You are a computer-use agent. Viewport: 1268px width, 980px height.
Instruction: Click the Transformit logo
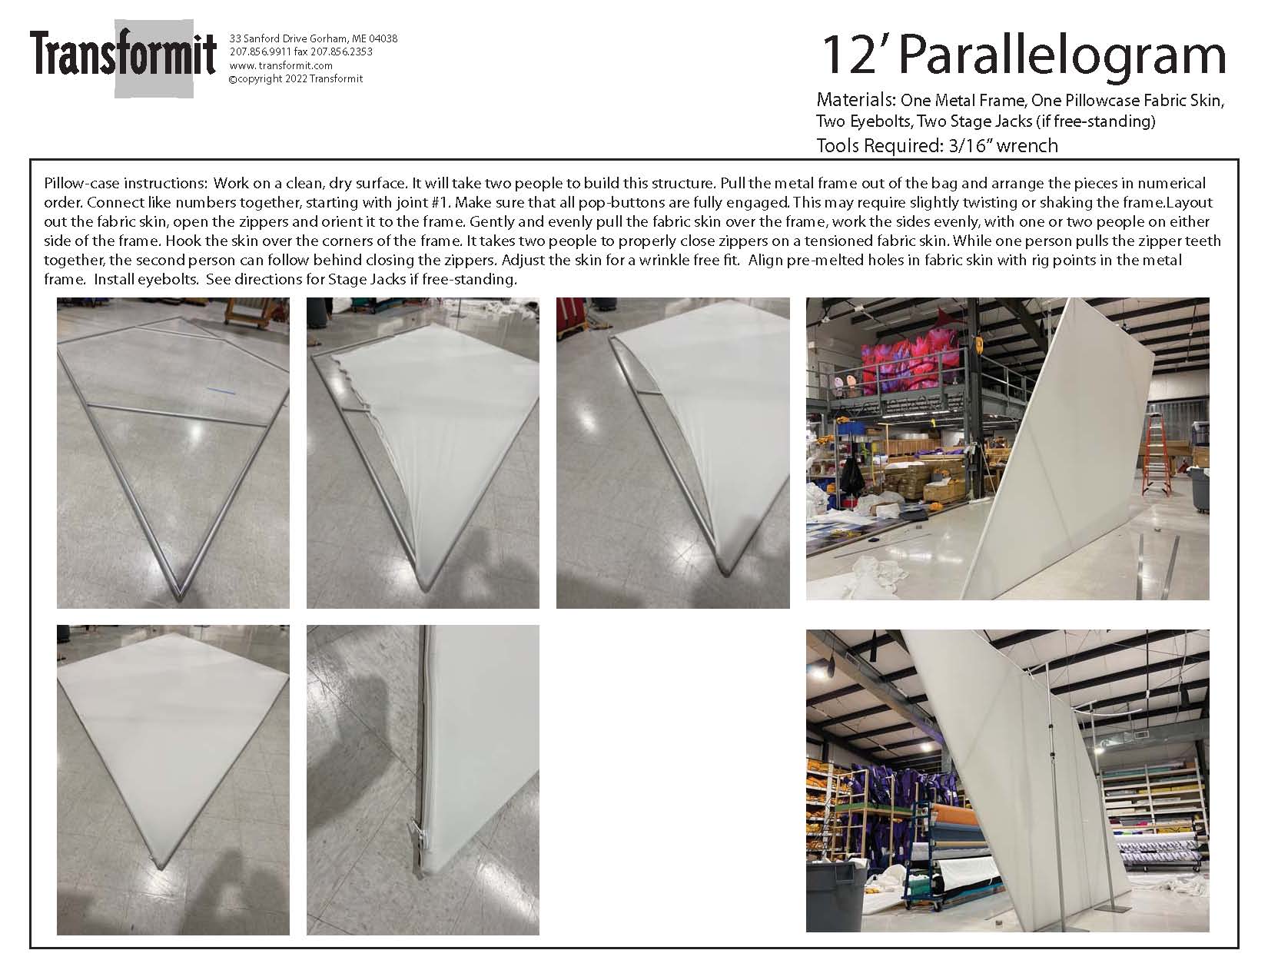click(123, 58)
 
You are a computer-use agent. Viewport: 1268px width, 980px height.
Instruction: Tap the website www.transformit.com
click(280, 65)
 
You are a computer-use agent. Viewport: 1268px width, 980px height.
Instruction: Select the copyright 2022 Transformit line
click(296, 79)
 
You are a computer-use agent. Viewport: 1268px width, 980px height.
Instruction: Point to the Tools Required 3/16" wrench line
click(937, 145)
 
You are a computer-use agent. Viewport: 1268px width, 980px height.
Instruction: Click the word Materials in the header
click(856, 100)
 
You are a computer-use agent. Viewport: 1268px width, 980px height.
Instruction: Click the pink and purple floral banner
click(911, 358)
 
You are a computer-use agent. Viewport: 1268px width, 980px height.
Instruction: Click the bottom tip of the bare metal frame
click(179, 596)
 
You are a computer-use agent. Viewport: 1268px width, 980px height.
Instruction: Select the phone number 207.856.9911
click(261, 52)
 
